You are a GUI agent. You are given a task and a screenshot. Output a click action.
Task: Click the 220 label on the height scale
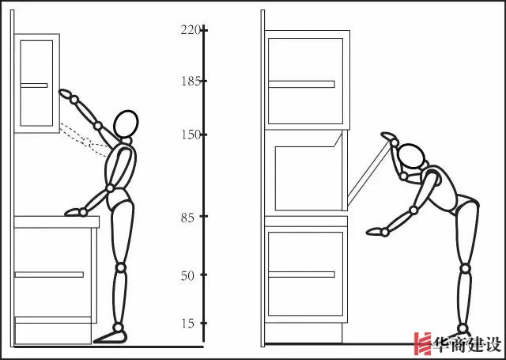191,30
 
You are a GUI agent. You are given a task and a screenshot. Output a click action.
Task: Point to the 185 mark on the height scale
191,81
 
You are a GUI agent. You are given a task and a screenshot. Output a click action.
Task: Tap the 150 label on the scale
191,135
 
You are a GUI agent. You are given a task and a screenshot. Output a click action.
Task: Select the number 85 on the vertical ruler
187,218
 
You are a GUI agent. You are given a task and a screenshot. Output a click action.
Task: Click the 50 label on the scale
187,276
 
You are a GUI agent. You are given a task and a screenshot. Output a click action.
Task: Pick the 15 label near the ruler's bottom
188,324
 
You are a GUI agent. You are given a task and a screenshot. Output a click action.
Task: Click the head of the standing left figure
126,123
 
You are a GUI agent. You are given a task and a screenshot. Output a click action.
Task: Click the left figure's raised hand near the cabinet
65,93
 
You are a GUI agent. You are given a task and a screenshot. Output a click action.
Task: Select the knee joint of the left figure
121,267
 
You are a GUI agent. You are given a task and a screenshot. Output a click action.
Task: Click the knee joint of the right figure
465,268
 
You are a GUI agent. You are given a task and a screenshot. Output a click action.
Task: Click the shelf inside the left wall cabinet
34,85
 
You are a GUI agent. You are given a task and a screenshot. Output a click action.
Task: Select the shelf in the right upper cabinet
301,85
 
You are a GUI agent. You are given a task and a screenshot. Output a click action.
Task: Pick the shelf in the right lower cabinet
301,275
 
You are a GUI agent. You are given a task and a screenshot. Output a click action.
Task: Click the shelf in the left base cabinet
49,275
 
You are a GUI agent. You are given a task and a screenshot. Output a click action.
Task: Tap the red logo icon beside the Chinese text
423,344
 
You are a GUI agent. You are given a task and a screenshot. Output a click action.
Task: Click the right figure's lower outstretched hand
374,231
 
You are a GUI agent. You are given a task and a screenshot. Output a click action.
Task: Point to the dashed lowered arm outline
85,140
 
